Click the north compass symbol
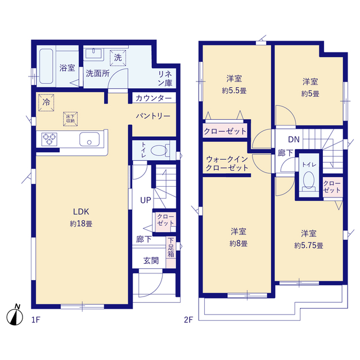pos(15,316)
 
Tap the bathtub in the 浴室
pos(46,66)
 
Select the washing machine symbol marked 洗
pos(118,57)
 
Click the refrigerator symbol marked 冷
pos(46,102)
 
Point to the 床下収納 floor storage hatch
pos(70,119)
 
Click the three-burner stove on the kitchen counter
pos(49,139)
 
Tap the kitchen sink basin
pos(89,139)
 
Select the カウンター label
pos(154,98)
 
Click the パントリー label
pos(153,116)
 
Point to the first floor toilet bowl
pos(159,151)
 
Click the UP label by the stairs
pos(146,200)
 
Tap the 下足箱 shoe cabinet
pos(171,252)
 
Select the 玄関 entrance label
pos(151,260)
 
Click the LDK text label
pos(81,211)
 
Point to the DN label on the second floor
pos(294,139)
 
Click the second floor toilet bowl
pos(309,181)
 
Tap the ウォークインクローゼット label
pos(227,164)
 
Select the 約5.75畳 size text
pos(309,246)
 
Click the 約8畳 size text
pos(238,244)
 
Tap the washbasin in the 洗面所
pos(93,54)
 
